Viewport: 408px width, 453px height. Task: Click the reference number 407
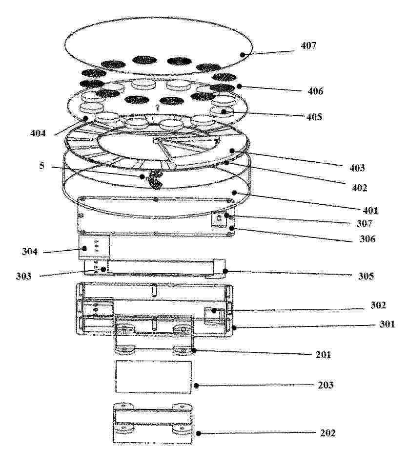click(308, 45)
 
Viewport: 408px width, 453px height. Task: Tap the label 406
click(315, 91)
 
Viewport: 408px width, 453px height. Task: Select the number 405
click(314, 117)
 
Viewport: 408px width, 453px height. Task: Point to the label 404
click(38, 133)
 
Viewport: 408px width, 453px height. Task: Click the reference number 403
click(357, 168)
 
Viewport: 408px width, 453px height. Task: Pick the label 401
click(370, 210)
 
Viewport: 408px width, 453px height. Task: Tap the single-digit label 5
click(42, 166)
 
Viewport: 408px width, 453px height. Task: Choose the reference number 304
click(30, 252)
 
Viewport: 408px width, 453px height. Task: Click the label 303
click(23, 276)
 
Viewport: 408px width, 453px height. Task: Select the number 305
click(366, 276)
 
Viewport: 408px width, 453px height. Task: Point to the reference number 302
click(378, 305)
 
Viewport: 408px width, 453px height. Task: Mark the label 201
click(324, 354)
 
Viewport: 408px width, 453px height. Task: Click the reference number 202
click(328, 433)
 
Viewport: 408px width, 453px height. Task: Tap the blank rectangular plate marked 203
click(154, 377)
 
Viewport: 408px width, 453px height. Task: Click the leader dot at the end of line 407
click(243, 54)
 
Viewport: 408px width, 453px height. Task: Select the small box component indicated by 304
click(94, 246)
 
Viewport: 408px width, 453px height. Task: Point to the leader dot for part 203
click(196, 386)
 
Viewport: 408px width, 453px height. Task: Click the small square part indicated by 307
click(219, 219)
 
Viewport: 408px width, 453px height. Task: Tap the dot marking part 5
click(142, 176)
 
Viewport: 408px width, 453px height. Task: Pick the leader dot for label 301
click(234, 327)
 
